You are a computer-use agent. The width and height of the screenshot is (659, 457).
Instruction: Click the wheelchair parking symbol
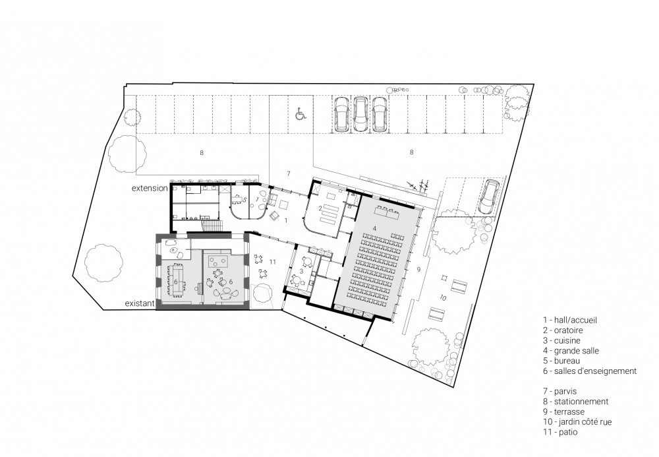tap(300, 113)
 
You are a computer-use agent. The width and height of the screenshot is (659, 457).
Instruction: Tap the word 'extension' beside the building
tap(150, 189)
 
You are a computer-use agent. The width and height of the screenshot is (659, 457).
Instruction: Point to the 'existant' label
tap(140, 303)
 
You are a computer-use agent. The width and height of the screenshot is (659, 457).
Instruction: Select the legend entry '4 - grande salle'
tap(571, 351)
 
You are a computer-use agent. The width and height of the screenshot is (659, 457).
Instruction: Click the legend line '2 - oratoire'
tap(563, 330)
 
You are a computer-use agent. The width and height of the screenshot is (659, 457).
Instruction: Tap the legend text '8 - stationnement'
tap(575, 402)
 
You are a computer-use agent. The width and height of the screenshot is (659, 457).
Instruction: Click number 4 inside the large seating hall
tap(374, 228)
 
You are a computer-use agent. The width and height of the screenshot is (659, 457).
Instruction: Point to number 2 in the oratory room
tap(320, 208)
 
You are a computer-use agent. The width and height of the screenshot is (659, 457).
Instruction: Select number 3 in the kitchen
tap(301, 270)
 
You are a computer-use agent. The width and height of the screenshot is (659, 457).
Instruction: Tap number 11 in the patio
tap(272, 262)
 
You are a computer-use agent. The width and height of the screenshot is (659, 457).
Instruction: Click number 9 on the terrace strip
tap(418, 269)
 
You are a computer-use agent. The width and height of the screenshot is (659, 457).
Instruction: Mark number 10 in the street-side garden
tap(443, 297)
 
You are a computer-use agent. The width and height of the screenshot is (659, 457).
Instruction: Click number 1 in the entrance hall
tap(286, 220)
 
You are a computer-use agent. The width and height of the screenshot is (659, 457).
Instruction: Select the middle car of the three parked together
tap(360, 113)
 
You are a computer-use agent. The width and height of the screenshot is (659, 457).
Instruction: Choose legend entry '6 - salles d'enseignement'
tap(590, 371)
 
